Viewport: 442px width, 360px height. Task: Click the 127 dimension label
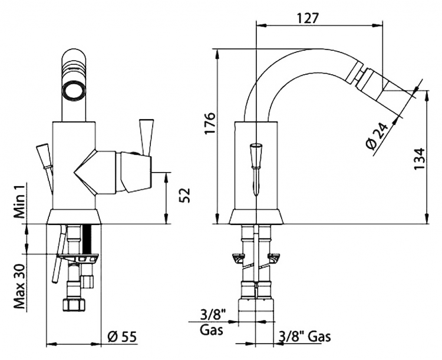(308, 18)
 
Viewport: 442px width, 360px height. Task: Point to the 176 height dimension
(210, 123)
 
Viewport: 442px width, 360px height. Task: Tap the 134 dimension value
(419, 158)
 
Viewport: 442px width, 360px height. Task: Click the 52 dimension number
(185, 195)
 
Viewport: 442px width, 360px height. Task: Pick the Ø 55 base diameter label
(122, 336)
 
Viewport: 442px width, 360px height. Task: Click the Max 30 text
(19, 286)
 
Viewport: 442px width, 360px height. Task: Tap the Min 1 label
(19, 200)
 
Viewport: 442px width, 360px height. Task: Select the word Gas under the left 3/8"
(212, 330)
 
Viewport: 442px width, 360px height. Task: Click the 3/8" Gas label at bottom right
(305, 336)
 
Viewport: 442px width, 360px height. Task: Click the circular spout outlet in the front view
(74, 90)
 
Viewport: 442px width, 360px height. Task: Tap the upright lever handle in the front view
(146, 137)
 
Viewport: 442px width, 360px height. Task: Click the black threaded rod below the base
(87, 239)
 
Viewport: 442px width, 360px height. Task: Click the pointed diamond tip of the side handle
(75, 172)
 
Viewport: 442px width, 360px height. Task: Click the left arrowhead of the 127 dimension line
(261, 25)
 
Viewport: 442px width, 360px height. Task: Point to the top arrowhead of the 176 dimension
(217, 54)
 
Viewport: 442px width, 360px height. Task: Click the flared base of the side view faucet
(256, 216)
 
